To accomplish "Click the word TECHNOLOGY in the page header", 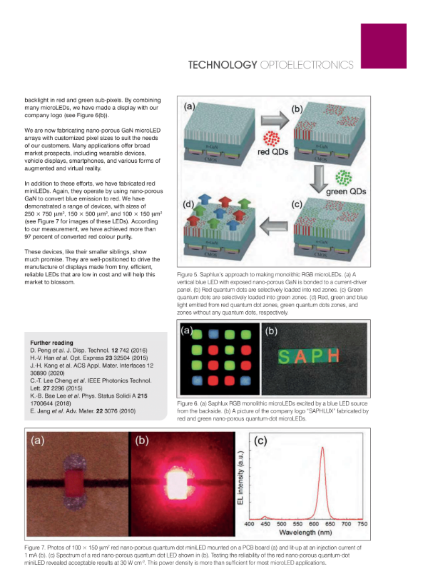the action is pos(222,65).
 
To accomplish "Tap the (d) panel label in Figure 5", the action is pos(190,206).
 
